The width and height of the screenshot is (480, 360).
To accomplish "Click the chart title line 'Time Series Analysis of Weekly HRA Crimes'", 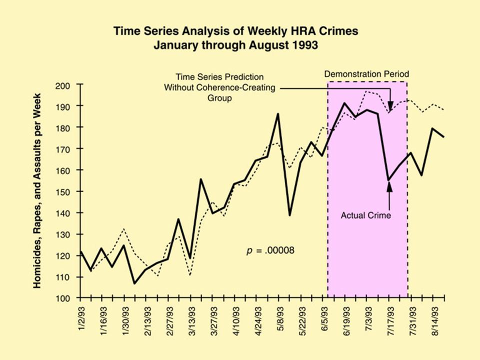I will tap(235, 31).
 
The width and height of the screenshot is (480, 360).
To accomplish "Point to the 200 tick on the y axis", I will tap(67, 85).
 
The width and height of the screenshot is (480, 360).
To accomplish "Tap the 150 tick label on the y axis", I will tap(67, 191).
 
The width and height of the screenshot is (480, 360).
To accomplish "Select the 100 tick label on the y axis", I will tap(67, 298).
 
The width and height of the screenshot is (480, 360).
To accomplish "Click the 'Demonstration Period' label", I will tap(366, 74).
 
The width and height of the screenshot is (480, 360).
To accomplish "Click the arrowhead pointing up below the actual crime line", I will tap(389, 186).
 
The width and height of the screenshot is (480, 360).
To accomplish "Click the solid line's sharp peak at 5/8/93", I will tap(278, 114).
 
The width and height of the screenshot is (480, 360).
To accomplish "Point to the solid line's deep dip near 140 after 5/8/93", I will tap(289, 215).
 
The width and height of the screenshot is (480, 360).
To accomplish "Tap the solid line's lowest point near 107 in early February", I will tap(134, 283).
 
